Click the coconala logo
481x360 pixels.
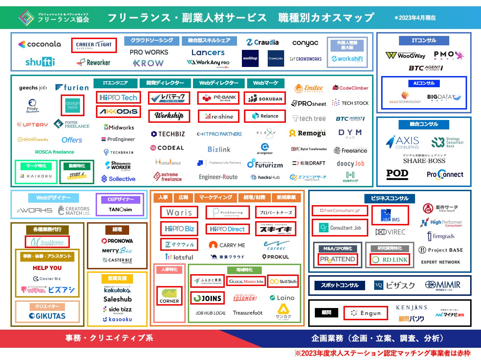coord(39,44)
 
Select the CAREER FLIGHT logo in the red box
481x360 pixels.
coord(94,45)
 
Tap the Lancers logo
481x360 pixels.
coord(208,52)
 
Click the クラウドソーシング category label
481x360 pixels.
coord(151,40)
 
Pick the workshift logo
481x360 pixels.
coord(347,59)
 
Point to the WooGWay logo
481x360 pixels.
coord(406,55)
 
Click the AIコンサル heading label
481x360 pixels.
coord(424,83)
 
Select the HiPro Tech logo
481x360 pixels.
coord(118,98)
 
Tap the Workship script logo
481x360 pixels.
coord(169,115)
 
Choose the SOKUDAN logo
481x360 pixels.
coord(265,99)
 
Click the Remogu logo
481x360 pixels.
coord(308,133)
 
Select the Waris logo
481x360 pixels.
coord(179,212)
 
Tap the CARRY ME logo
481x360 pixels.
coord(227,245)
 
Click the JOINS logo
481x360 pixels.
coord(207,298)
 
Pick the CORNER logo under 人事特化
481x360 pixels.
coord(169,295)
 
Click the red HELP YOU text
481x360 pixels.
coord(47,268)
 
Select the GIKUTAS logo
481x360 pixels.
coord(47,316)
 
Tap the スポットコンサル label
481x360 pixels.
coord(340,285)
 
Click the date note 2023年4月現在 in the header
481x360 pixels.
coord(415,18)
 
